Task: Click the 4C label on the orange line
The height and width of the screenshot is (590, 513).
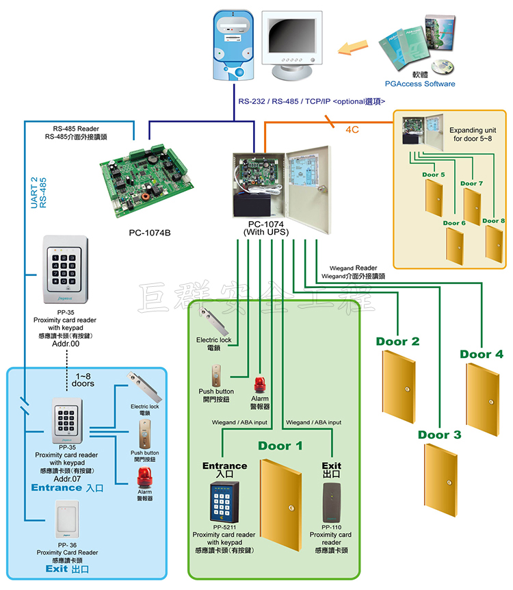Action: pyautogui.click(x=353, y=129)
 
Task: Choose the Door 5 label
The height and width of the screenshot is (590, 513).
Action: pyautogui.click(x=434, y=175)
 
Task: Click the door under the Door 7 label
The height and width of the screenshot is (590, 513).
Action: pyautogui.click(x=472, y=206)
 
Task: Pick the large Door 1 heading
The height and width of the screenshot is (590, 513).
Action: pyautogui.click(x=280, y=446)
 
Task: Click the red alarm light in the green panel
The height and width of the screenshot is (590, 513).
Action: pyautogui.click(x=260, y=384)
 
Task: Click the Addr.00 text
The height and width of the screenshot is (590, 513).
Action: pyautogui.click(x=64, y=344)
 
